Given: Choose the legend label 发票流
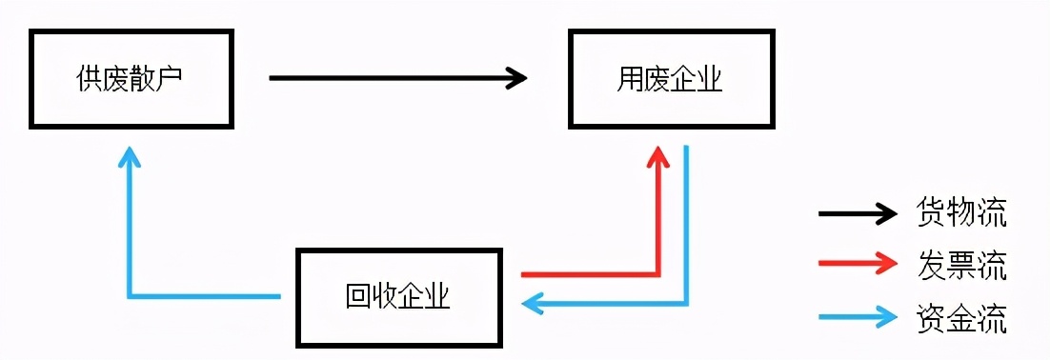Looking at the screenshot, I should click(961, 266).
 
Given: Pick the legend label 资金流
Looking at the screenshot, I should click(961, 318).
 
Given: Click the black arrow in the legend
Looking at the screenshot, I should click(858, 213).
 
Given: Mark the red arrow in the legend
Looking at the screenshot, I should click(858, 266).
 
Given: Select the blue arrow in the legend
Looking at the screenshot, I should click(858, 318).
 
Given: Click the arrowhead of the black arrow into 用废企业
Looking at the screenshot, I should click(517, 77).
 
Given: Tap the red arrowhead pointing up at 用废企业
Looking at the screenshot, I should click(656, 156).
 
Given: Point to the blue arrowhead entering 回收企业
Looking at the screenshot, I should click(531, 304).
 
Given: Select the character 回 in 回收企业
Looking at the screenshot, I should click(357, 297).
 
